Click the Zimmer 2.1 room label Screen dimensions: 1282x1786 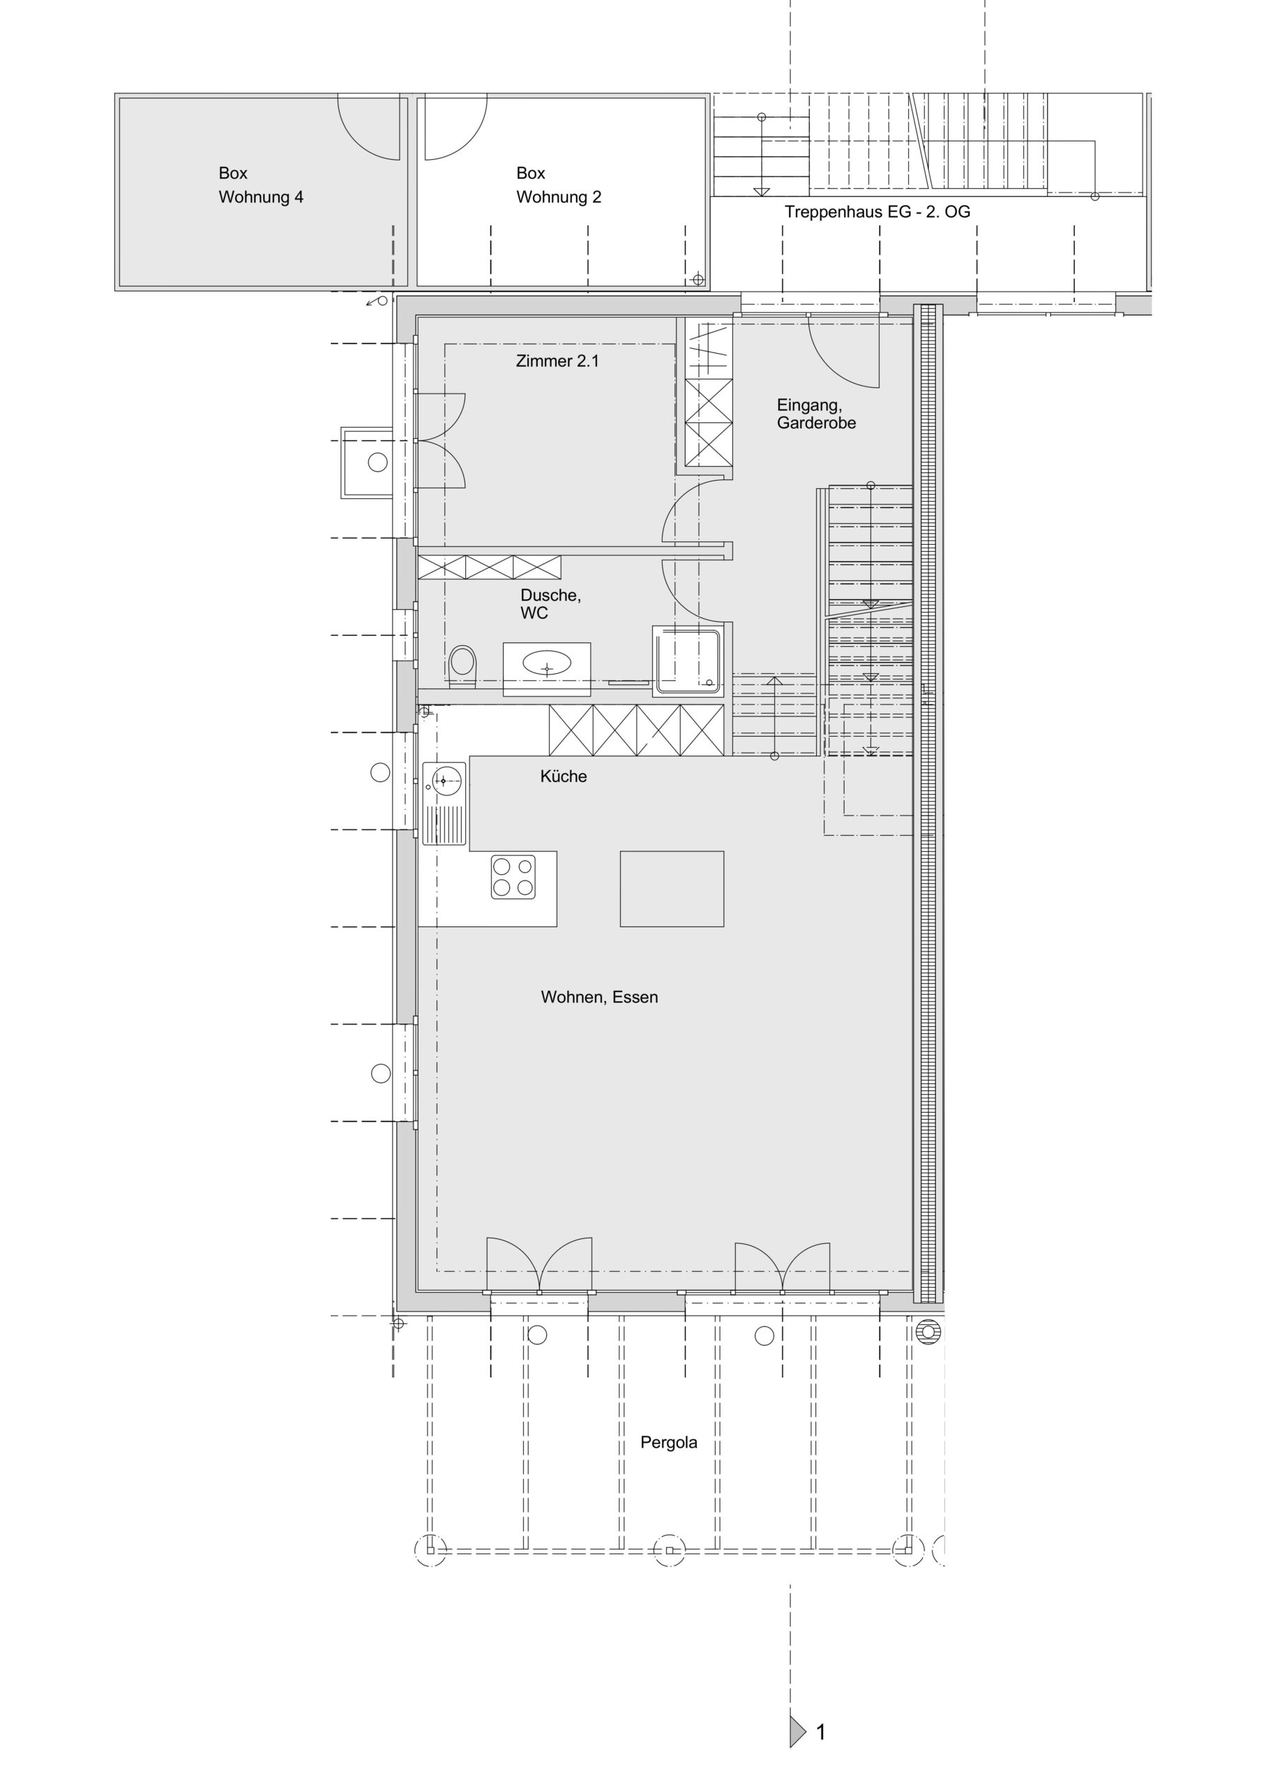click(557, 361)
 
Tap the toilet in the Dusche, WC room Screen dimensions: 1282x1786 click(462, 666)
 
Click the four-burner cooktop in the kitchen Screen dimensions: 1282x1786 click(513, 876)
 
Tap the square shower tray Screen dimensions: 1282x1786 click(686, 661)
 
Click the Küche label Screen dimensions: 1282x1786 click(563, 776)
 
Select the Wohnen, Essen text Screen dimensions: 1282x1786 click(599, 997)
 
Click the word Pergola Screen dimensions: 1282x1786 click(669, 1443)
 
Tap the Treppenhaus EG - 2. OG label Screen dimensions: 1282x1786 click(877, 212)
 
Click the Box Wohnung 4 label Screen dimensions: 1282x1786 click(261, 185)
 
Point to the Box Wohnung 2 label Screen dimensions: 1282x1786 click(558, 185)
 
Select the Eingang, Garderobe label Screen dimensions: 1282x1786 click(816, 414)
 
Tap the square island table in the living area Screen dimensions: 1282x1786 click(672, 888)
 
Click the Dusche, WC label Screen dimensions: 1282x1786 click(550, 604)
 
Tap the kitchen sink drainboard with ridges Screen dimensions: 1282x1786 click(445, 823)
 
